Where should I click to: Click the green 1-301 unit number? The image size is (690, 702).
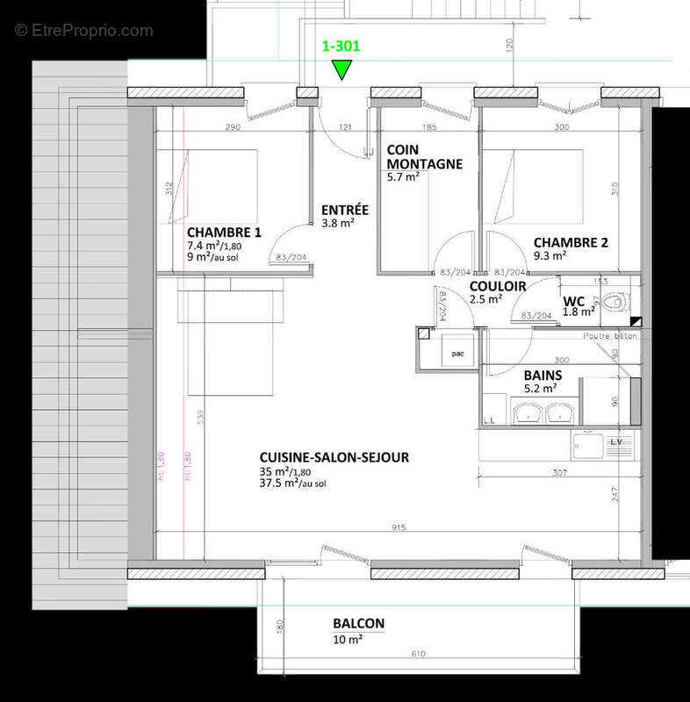(341, 47)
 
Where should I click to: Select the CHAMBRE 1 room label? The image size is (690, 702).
(224, 233)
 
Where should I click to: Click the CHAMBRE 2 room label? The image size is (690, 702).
(571, 242)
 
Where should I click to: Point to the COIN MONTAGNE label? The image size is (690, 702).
(424, 157)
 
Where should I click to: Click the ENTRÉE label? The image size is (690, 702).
(345, 210)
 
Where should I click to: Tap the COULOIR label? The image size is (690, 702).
(497, 286)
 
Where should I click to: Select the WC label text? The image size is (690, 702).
(574, 300)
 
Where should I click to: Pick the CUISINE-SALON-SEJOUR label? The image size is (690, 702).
(334, 457)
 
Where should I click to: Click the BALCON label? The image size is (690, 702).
(358, 624)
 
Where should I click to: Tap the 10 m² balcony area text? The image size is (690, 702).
(348, 639)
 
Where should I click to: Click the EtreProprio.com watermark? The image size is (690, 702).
(84, 30)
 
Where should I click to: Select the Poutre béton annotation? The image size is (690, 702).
(608, 336)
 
